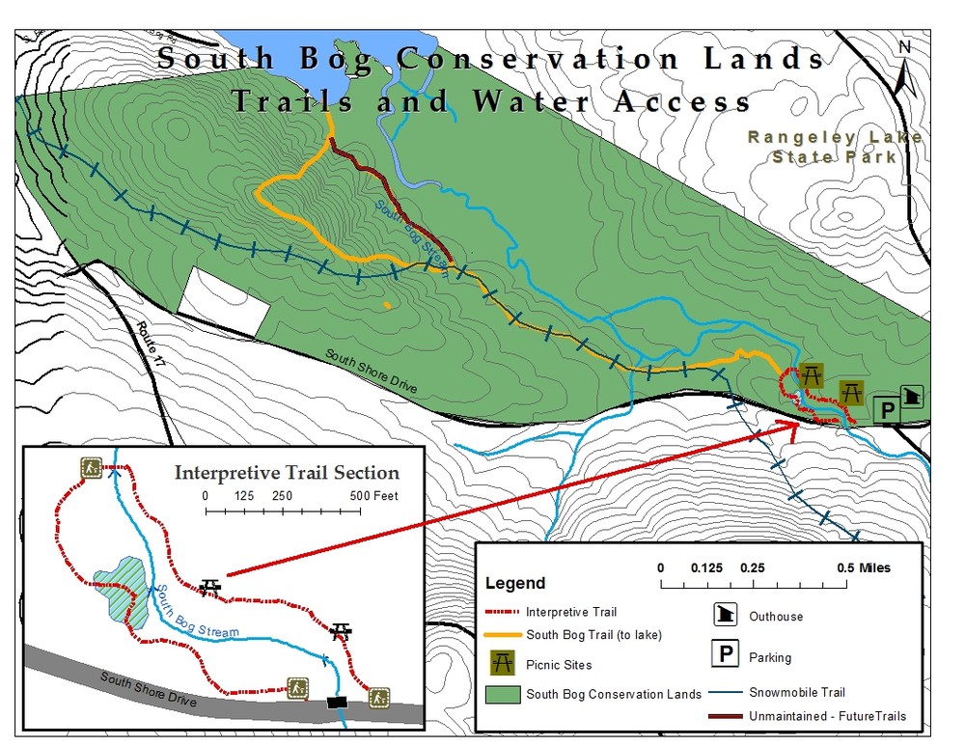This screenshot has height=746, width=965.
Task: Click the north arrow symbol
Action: (904, 68)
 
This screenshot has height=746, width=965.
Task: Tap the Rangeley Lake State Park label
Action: (835, 146)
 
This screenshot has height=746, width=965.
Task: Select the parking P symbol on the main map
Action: (886, 409)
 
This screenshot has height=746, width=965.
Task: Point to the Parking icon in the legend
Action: (726, 654)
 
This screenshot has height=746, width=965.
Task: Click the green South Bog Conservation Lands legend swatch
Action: (501, 694)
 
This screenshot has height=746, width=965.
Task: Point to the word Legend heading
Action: (514, 583)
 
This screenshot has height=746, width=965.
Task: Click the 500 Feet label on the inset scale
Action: (373, 496)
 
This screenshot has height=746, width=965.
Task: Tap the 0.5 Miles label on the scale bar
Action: (864, 567)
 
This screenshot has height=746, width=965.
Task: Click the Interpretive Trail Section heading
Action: (286, 473)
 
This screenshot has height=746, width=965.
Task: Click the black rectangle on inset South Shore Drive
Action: (336, 702)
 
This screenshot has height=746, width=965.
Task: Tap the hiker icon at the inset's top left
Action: (92, 468)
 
